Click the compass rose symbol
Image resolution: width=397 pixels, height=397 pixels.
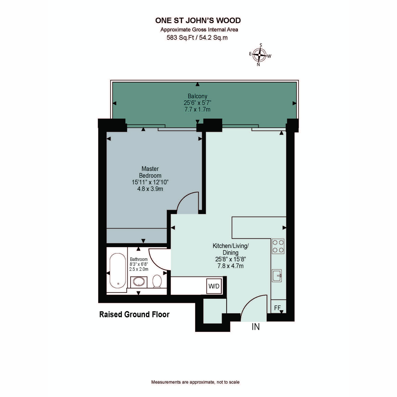coord(259,55)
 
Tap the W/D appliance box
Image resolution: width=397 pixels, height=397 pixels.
coord(214,286)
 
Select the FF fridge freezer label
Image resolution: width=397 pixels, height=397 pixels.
coord(277,308)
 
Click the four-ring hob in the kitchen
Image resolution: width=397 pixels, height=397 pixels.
coord(278,246)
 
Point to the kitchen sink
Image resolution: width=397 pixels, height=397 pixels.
coord(277,276)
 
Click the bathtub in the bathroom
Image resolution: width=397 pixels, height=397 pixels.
coord(118,271)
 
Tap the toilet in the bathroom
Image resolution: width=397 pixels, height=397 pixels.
coord(157,281)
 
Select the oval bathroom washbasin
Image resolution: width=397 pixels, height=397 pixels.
coord(139,282)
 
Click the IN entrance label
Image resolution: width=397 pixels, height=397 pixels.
coord(256,327)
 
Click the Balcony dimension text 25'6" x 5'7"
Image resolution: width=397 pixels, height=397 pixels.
coord(198,103)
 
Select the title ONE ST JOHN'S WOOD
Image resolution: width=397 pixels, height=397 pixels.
coord(198,21)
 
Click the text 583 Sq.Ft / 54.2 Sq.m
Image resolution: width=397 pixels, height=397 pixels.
coord(197,38)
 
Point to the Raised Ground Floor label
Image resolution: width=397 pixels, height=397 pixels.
coord(134,315)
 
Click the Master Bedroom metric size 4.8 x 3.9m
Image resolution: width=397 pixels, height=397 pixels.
coord(150,189)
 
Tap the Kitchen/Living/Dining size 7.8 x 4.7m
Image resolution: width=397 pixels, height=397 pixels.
coord(231,266)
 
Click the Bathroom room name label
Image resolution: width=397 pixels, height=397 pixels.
coord(139,259)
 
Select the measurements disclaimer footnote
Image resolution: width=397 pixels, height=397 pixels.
coord(195,382)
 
